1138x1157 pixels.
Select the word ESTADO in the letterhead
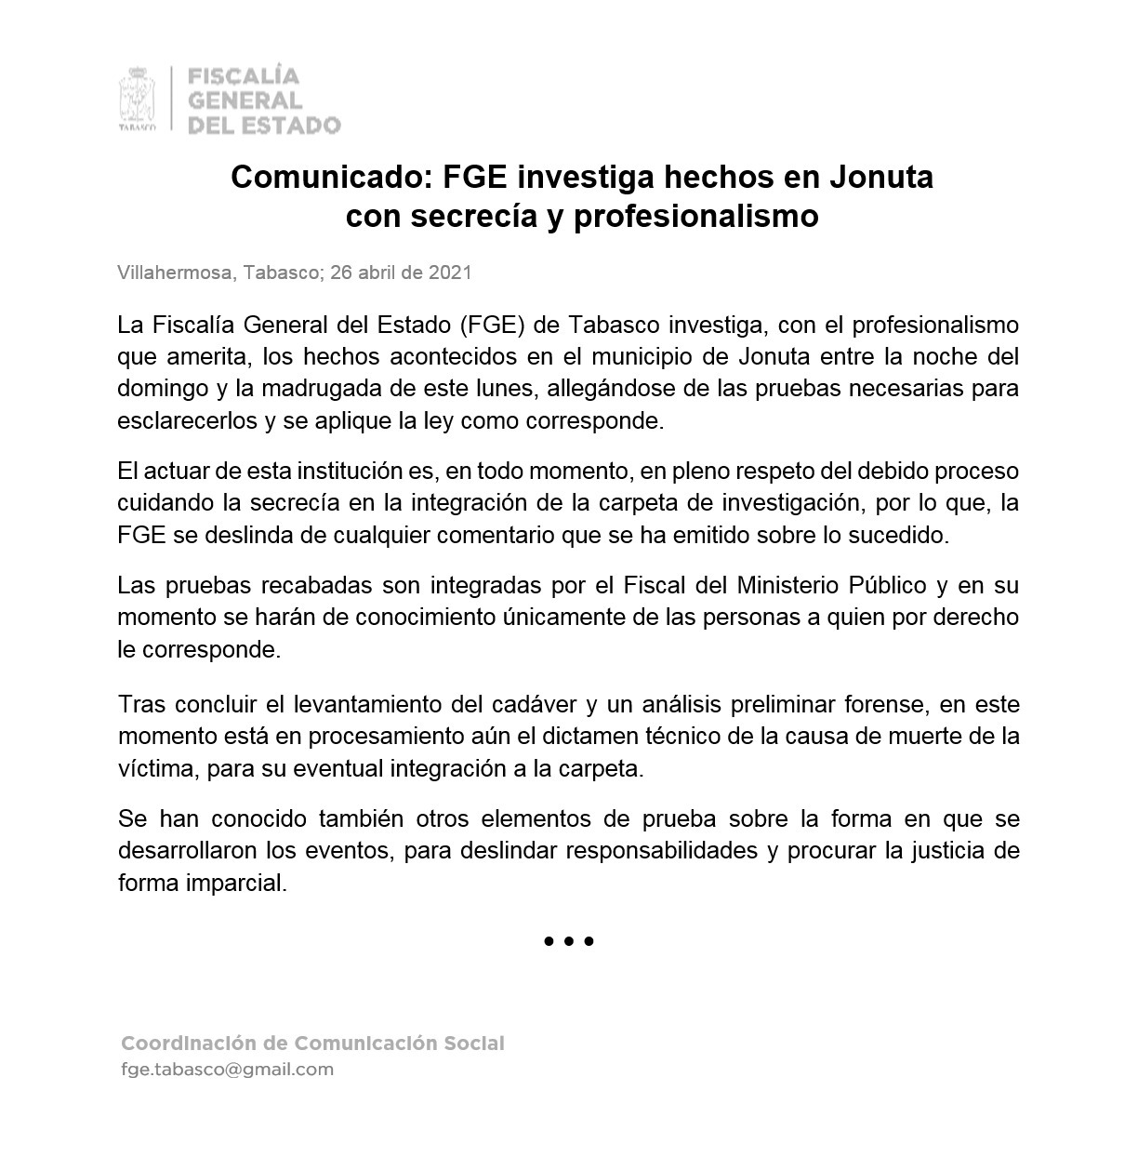coord(290,125)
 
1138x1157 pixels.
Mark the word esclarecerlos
coord(187,420)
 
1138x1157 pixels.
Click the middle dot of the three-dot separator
coord(569,941)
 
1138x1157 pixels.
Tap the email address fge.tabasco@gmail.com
coord(227,1070)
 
